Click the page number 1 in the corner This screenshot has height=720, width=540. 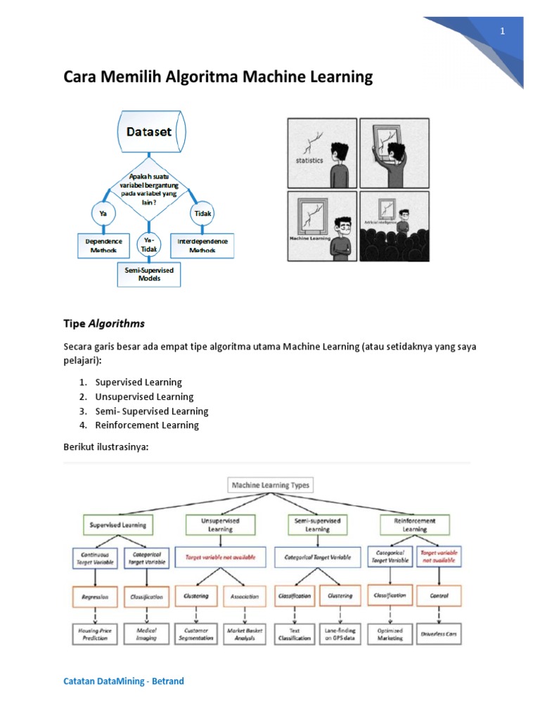[x=503, y=31]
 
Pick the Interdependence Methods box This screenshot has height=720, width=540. [x=202, y=245]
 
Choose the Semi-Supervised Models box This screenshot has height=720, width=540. [x=148, y=274]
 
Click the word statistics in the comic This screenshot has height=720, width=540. [x=309, y=160]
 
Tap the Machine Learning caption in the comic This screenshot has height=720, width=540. [x=309, y=238]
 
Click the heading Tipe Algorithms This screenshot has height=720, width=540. [x=104, y=323]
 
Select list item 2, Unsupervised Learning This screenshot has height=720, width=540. [x=144, y=397]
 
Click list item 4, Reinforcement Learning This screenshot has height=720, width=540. [x=147, y=425]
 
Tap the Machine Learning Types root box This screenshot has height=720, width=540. [x=270, y=485]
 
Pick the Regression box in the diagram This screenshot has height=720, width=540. [x=94, y=596]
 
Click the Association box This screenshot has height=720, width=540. [x=244, y=596]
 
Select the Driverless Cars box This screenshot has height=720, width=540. [x=439, y=634]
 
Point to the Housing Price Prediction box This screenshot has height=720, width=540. [x=94, y=634]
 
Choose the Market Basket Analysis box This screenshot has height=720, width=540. [x=244, y=634]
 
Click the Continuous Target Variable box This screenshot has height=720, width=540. [x=94, y=558]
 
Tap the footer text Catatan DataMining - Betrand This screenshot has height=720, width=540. [x=124, y=681]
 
